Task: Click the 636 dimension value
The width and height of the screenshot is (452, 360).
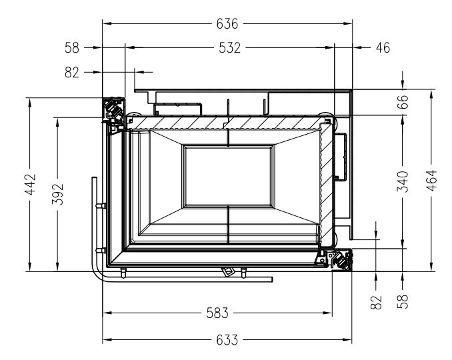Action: pyautogui.click(x=227, y=23)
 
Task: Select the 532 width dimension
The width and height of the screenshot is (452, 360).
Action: pyautogui.click(x=229, y=48)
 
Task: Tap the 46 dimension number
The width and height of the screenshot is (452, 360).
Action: pyautogui.click(x=383, y=48)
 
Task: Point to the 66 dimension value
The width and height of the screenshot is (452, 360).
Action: pyautogui.click(x=403, y=101)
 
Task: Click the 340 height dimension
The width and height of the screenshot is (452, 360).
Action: pyautogui.click(x=403, y=181)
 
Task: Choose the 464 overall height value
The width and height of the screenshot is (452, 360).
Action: pyautogui.click(x=431, y=181)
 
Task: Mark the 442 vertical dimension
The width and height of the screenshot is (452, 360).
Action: pyautogui.click(x=30, y=184)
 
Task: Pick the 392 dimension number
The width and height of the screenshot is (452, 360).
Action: pyautogui.click(x=57, y=194)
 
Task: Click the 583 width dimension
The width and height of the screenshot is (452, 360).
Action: pyautogui.click(x=217, y=313)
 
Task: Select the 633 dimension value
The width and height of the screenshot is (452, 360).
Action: pyautogui.click(x=227, y=340)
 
